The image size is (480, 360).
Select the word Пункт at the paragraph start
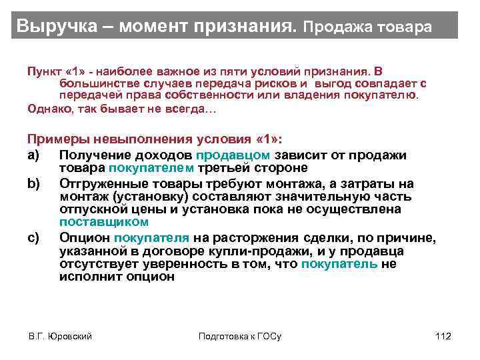tap(42, 71)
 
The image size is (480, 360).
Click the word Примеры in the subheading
tap(61, 139)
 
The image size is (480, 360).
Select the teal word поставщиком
tap(104, 222)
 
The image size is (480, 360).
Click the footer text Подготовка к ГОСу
tap(240, 336)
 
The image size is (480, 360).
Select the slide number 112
tap(443, 336)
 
